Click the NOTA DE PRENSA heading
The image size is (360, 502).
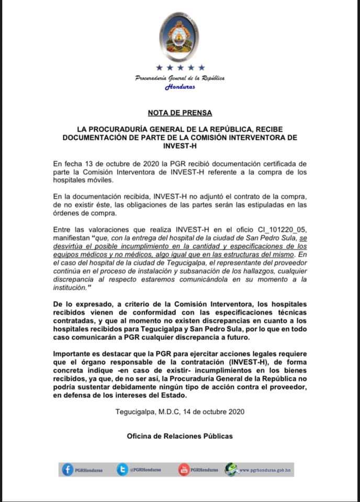pyautogui.click(x=180, y=112)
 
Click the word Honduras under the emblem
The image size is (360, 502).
pyautogui.click(x=180, y=87)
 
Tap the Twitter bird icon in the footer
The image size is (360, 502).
pyautogui.click(x=122, y=470)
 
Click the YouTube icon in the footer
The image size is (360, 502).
pyautogui.click(x=184, y=470)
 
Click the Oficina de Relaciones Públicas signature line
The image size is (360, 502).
pyautogui.click(x=180, y=436)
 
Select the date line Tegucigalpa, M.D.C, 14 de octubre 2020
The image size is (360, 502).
pyautogui.click(x=180, y=411)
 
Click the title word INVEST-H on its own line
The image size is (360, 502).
pyautogui.click(x=180, y=146)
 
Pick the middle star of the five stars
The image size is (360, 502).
pyautogui.click(x=180, y=67)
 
